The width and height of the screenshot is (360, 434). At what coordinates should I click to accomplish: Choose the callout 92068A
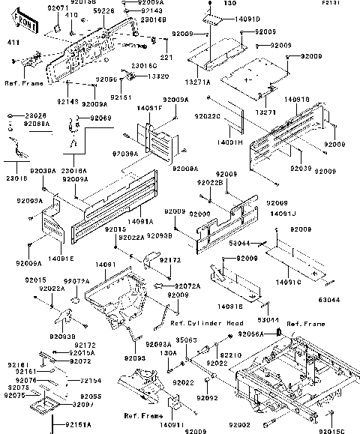(36, 124)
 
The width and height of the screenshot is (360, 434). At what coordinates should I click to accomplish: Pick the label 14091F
(150, 108)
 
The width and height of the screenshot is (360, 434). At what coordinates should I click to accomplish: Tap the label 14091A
(140, 222)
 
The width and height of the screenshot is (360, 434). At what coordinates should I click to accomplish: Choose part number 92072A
(188, 286)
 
